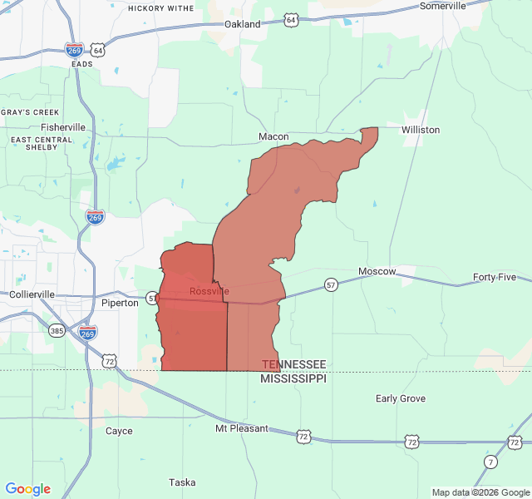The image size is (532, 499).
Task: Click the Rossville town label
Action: tap(209, 291)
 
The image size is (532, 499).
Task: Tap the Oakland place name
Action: tap(243, 24)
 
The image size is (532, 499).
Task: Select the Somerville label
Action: tap(443, 6)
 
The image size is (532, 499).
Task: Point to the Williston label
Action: tap(421, 130)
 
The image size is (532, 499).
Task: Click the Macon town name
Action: tap(273, 136)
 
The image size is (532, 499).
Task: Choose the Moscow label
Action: tap(377, 272)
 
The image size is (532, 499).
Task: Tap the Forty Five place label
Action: tap(495, 277)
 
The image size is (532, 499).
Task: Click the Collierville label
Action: tap(32, 294)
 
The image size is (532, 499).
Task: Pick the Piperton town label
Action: tap(120, 303)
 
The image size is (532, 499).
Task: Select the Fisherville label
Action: tap(63, 127)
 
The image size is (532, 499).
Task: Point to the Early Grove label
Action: tap(401, 398)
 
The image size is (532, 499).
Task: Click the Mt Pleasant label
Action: tap(242, 428)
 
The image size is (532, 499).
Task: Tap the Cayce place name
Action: tap(119, 431)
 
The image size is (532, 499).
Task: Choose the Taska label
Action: tap(182, 482)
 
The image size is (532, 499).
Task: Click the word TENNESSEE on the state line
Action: tap(294, 364)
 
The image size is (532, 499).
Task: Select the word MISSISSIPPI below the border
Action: tap(293, 378)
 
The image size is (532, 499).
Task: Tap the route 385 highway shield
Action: tap(56, 330)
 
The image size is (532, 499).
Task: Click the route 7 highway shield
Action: tap(491, 461)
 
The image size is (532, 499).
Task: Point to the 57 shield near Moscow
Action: tap(331, 284)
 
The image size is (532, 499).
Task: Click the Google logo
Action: tap(27, 489)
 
